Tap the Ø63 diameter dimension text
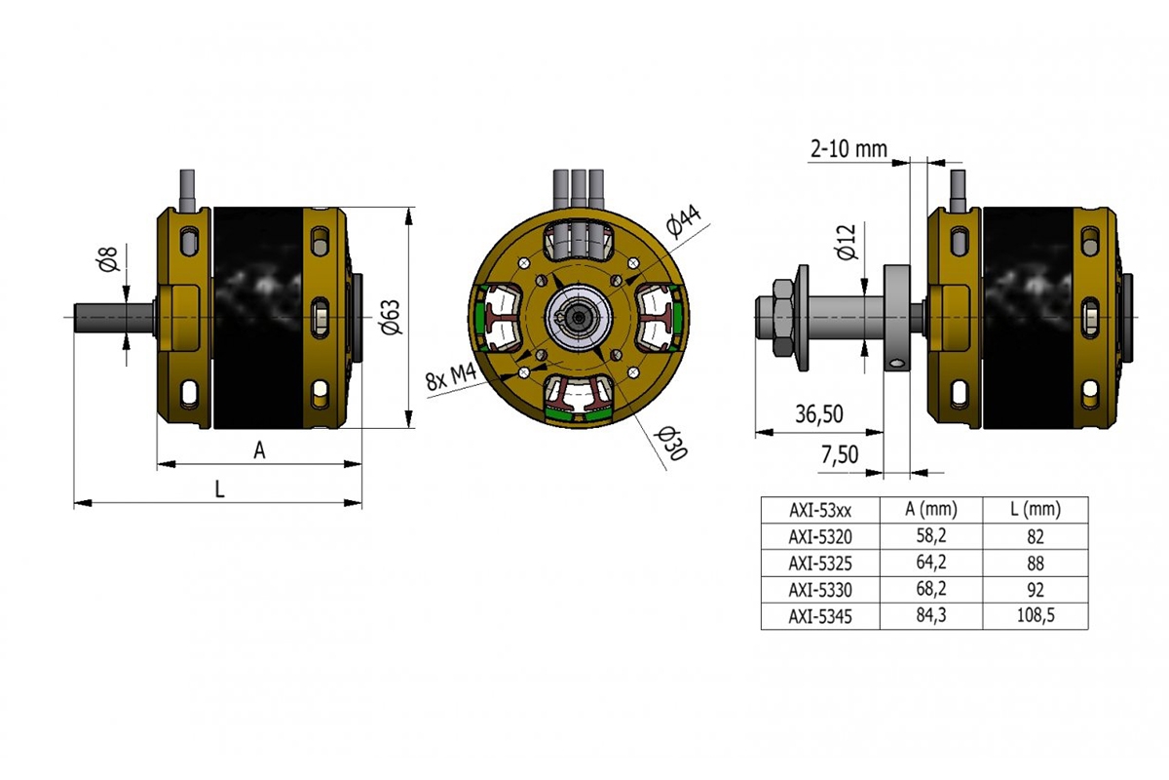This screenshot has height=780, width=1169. tap(392, 316)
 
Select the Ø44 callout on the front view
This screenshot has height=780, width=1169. tap(684, 222)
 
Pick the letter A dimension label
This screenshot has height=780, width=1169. tap(259, 449)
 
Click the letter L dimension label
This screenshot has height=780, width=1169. tap(219, 490)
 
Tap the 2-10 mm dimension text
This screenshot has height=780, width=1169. tap(848, 148)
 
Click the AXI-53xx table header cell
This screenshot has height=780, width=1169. tap(819, 509)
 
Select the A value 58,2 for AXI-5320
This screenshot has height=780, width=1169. tap(930, 535)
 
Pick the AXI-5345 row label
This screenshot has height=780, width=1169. tap(819, 615)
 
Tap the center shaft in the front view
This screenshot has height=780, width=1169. tap(580, 317)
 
